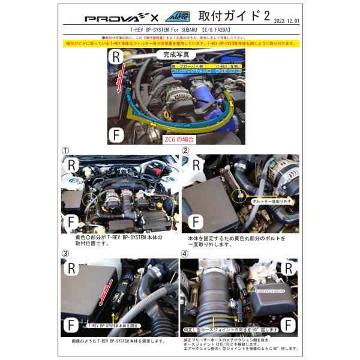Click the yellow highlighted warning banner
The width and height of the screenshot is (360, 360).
(x=180, y=44)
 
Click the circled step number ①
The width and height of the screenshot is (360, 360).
(x=66, y=150)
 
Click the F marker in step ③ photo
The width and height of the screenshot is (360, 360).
(x=70, y=325)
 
